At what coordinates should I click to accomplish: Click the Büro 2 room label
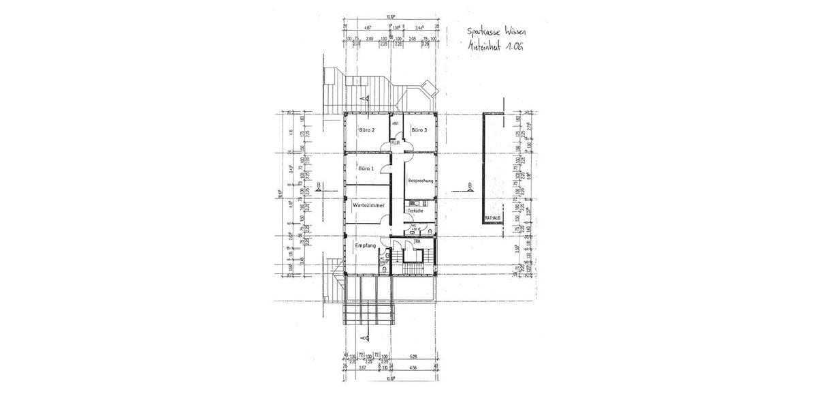(x=367, y=130)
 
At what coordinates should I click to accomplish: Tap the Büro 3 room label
(x=419, y=130)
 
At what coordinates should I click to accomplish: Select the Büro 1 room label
(x=366, y=168)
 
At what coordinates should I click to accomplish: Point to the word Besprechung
(x=421, y=181)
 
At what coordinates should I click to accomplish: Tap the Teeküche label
(x=415, y=211)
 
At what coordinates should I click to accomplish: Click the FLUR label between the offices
(x=395, y=142)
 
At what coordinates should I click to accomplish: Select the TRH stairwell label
(x=417, y=241)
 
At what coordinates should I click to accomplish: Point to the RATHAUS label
(x=492, y=218)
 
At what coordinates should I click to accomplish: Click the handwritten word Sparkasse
(x=483, y=31)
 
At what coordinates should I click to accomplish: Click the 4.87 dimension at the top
(x=368, y=28)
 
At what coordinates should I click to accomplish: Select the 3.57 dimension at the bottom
(x=362, y=368)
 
